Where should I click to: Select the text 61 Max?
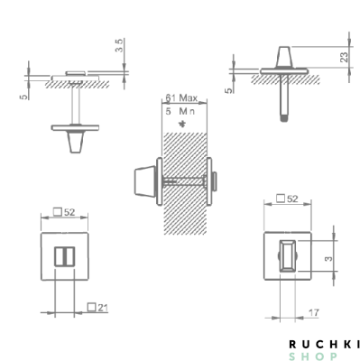click(x=182, y=97)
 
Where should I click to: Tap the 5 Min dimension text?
click(x=181, y=110)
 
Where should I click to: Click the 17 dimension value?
click(x=311, y=312)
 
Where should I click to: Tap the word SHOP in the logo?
click(x=324, y=356)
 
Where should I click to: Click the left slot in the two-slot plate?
click(x=61, y=256)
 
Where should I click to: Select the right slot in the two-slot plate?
click(x=70, y=256)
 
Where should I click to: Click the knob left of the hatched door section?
click(x=143, y=184)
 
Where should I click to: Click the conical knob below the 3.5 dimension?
click(x=73, y=141)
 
